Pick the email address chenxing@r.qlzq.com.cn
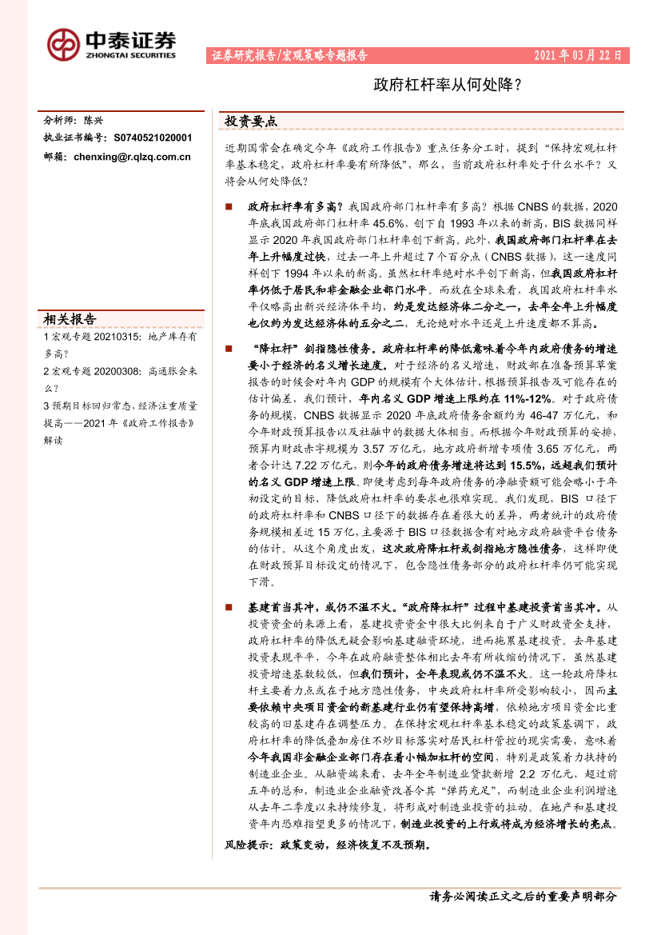point(132,157)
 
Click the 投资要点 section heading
point(251,122)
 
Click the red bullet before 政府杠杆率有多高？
point(229,206)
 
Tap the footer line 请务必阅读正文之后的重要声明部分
point(524,897)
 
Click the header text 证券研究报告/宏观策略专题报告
point(289,56)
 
